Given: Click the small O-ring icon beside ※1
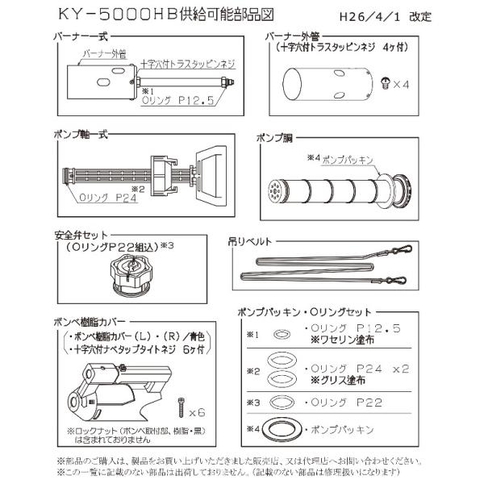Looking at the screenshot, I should (x=282, y=333).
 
